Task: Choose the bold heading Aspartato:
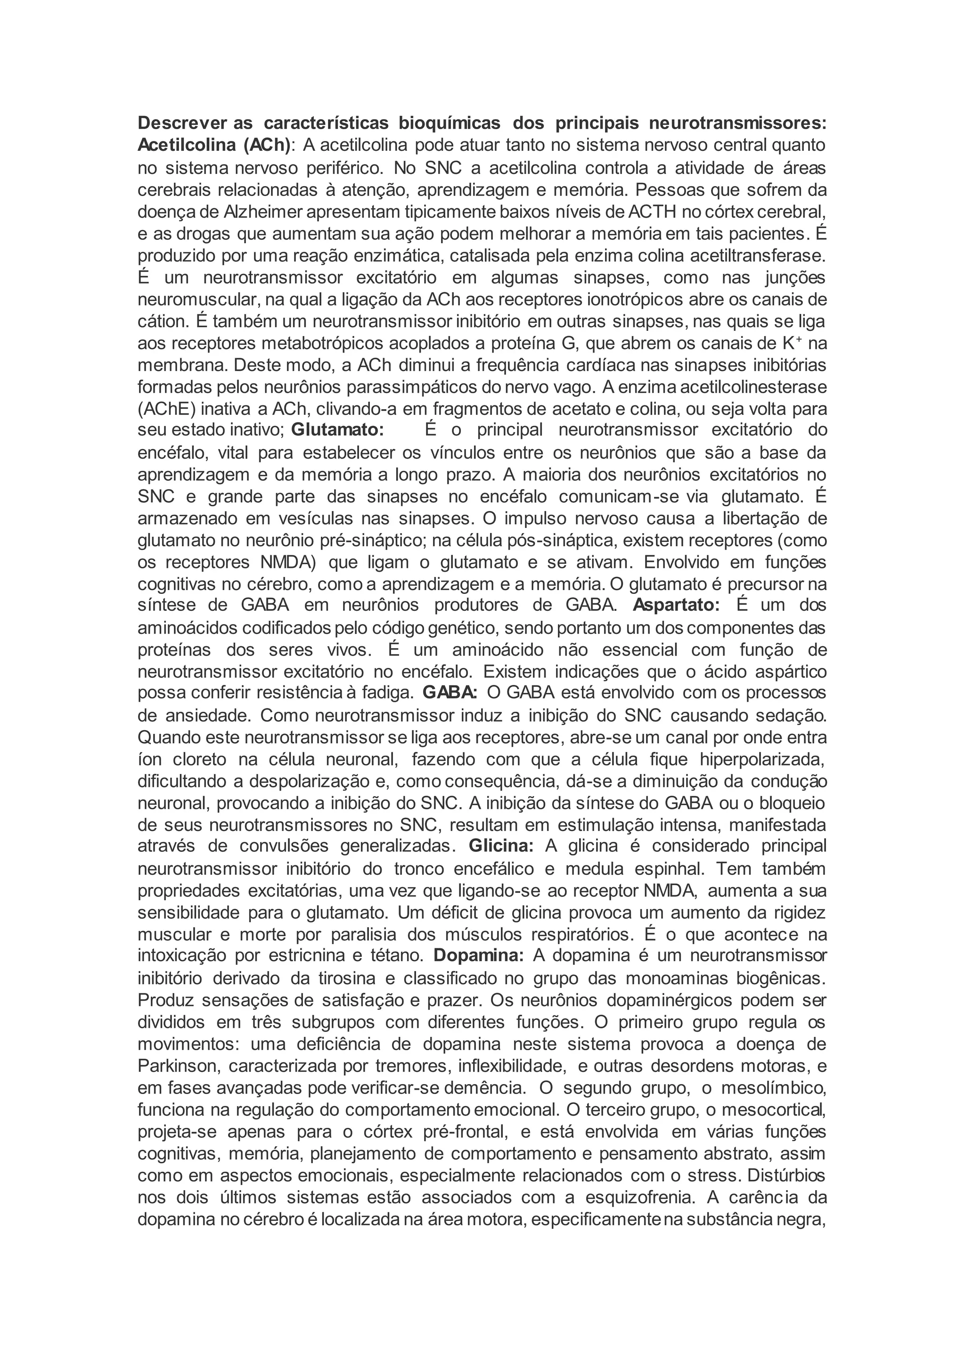pyautogui.click(x=676, y=606)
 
